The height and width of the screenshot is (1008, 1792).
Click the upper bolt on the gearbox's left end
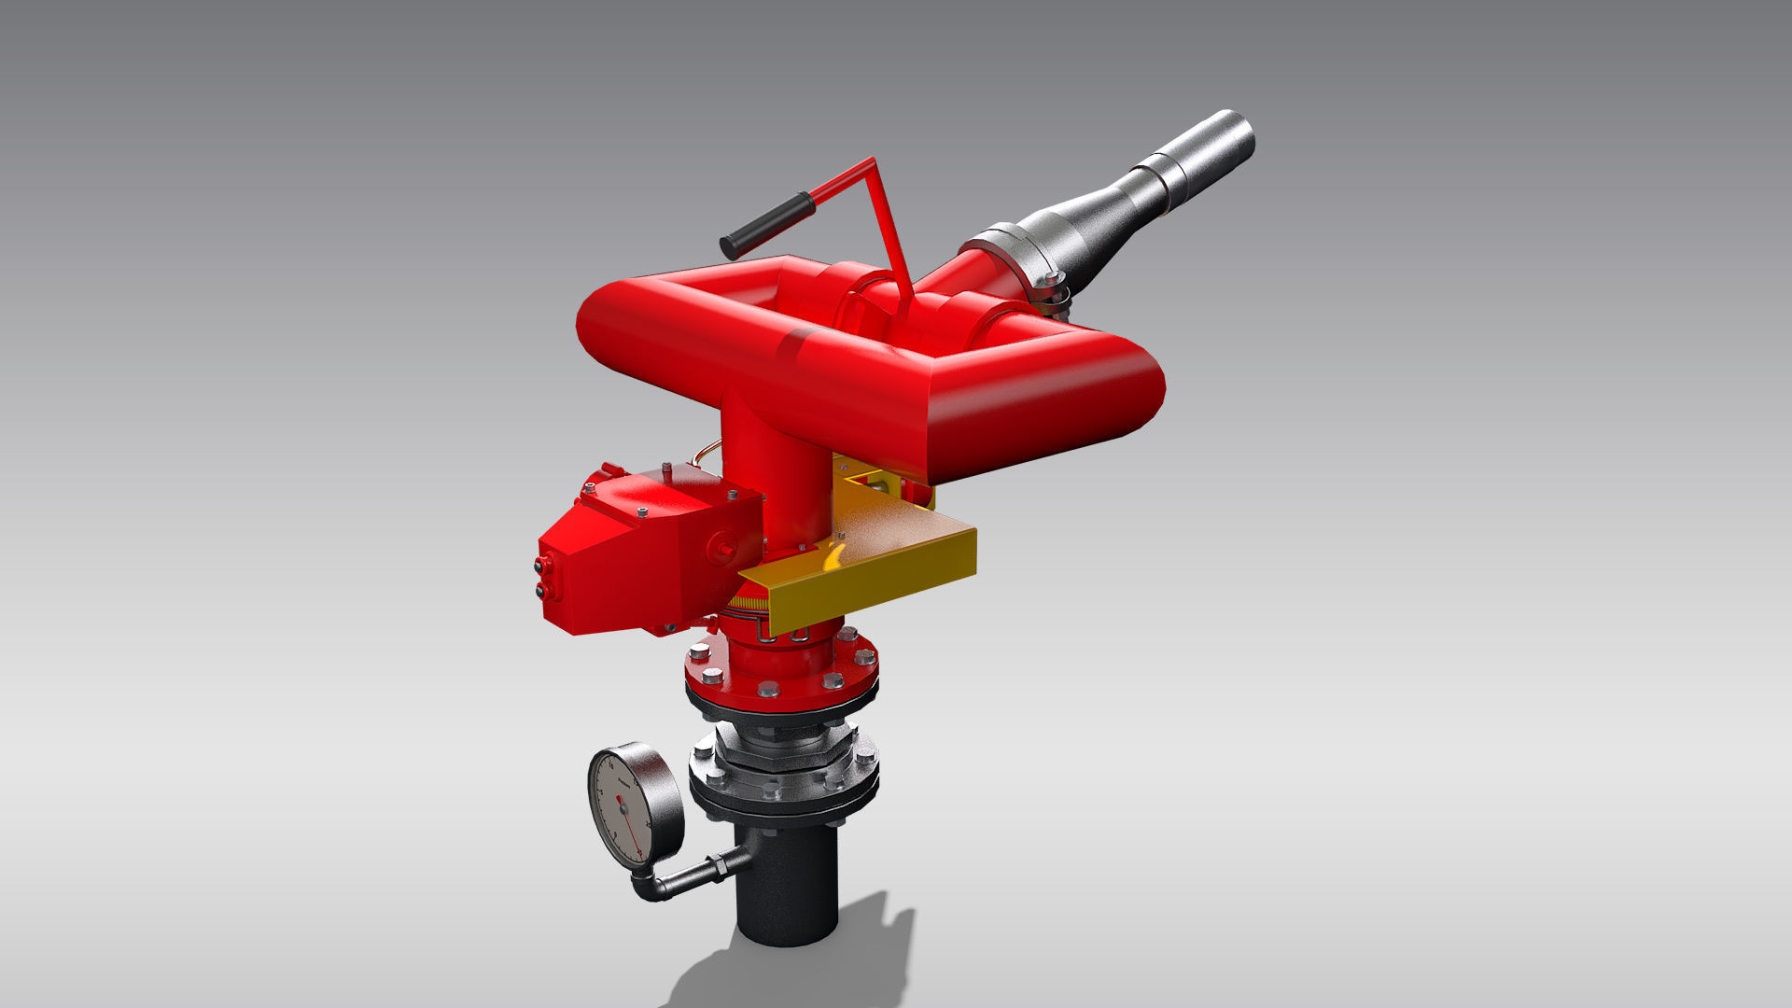pyautogui.click(x=539, y=565)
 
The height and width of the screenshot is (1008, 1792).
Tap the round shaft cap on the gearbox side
pyautogui.click(x=722, y=546)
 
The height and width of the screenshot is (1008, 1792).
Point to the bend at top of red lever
pyautogui.click(x=872, y=162)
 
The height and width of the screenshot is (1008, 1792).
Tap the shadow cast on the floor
pyautogui.click(x=840, y=961)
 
